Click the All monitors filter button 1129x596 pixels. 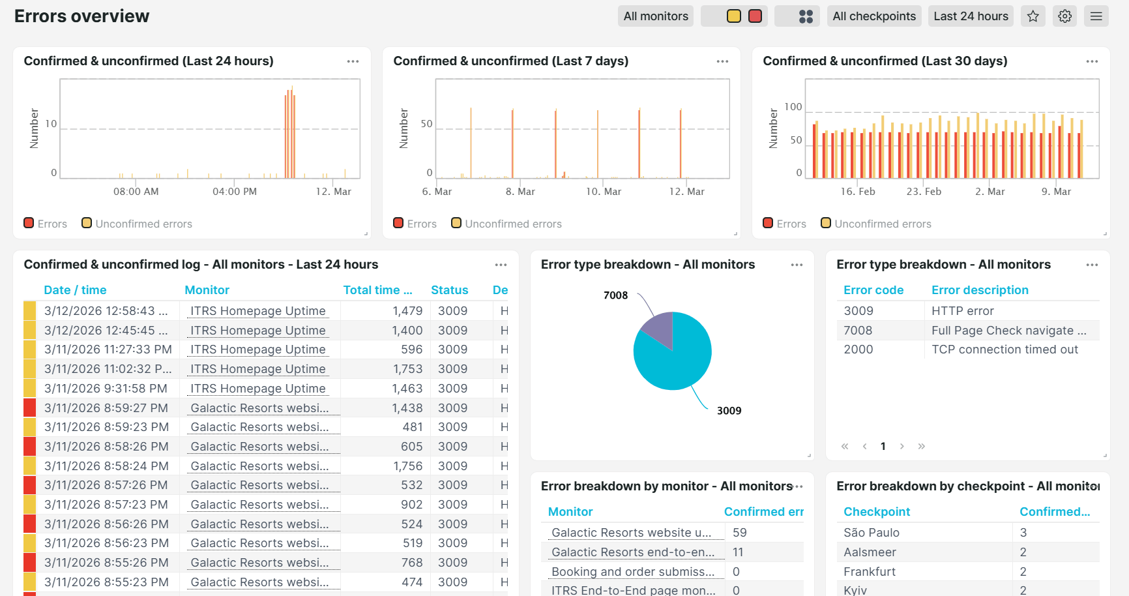[x=655, y=16]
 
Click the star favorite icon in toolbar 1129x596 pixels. [x=1033, y=16]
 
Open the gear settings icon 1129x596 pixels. [x=1064, y=16]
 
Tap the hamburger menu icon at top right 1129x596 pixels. [x=1096, y=16]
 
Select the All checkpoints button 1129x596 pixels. [x=873, y=16]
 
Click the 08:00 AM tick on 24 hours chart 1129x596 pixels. [x=136, y=192]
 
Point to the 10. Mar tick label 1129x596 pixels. [x=603, y=192]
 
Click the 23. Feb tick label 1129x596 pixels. [x=924, y=192]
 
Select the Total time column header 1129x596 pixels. [x=377, y=290]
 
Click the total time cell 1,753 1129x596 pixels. [x=408, y=369]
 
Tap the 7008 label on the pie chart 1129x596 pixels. [x=615, y=295]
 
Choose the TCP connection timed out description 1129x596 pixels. [x=1004, y=350]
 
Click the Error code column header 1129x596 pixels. [x=873, y=290]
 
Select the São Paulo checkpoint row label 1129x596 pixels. [x=871, y=533]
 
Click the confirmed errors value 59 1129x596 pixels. [x=739, y=533]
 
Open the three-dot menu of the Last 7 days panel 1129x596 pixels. [x=722, y=61]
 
